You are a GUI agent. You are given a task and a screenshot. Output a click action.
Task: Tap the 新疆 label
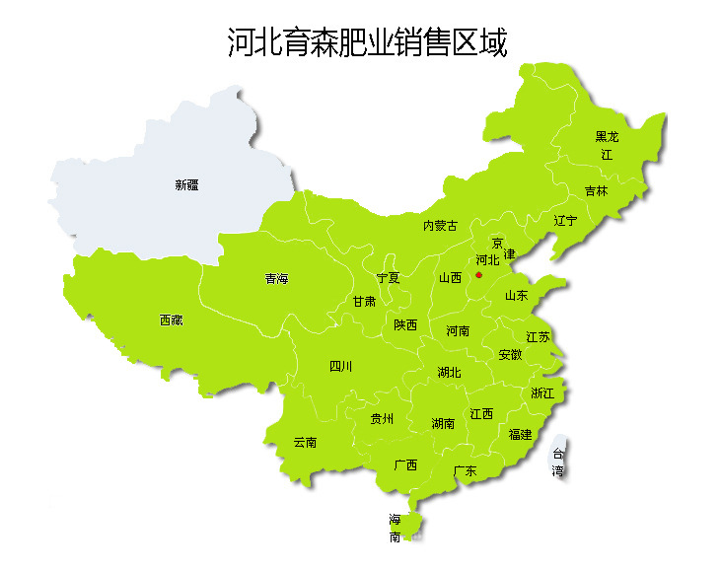186,184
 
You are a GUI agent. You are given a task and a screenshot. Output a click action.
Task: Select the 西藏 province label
171,320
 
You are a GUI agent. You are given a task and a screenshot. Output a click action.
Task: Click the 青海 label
276,279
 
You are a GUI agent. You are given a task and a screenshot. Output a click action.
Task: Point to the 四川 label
340,367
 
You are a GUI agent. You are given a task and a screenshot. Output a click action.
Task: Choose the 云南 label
305,443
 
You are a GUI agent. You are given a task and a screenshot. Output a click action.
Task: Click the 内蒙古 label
440,226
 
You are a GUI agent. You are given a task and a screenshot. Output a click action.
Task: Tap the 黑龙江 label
607,145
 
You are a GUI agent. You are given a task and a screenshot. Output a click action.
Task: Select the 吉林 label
596,191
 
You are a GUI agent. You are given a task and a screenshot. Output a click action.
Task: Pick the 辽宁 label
565,220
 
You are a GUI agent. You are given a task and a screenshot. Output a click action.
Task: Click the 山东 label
516,295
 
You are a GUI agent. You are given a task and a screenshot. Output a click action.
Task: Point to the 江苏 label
538,337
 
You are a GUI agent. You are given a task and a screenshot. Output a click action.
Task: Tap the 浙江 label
542,393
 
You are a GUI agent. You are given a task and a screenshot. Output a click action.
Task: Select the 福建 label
520,434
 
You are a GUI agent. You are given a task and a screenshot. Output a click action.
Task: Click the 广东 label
464,471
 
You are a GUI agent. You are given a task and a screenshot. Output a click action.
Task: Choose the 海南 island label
395,529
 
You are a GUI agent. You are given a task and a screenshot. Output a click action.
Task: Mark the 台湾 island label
558,462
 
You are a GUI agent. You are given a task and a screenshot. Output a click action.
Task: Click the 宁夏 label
388,278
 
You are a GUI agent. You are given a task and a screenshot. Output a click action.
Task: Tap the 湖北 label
449,373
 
